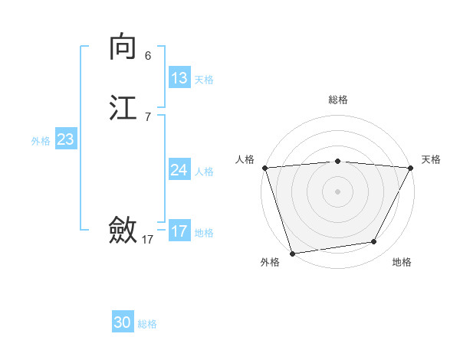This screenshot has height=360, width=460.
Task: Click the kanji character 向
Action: [x=123, y=47]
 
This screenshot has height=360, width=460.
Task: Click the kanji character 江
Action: [x=123, y=107]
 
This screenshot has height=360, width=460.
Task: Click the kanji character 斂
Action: [x=123, y=230]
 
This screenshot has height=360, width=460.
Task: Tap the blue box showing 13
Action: [x=179, y=78]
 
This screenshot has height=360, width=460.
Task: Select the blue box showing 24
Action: [x=179, y=170]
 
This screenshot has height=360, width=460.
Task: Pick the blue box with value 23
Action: [x=66, y=139]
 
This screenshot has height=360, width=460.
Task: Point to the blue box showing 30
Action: [x=123, y=322]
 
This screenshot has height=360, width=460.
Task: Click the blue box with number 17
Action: [x=179, y=231]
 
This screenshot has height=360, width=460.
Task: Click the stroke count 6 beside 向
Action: [x=148, y=56]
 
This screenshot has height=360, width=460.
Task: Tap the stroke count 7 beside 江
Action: [x=148, y=117]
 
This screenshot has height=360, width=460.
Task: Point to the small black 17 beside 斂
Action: [x=148, y=240]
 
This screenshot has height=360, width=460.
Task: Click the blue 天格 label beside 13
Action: [x=204, y=80]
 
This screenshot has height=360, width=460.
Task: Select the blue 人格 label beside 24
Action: [x=204, y=172]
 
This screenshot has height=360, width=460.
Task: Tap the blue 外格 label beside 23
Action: [x=41, y=141]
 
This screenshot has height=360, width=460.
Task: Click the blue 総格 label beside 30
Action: [x=147, y=324]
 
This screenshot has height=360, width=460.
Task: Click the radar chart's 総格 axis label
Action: [x=337, y=100]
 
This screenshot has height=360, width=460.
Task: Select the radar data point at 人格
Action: [x=264, y=168]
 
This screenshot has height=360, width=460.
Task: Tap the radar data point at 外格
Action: [x=292, y=253]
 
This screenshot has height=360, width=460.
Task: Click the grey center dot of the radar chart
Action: [x=337, y=191]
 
